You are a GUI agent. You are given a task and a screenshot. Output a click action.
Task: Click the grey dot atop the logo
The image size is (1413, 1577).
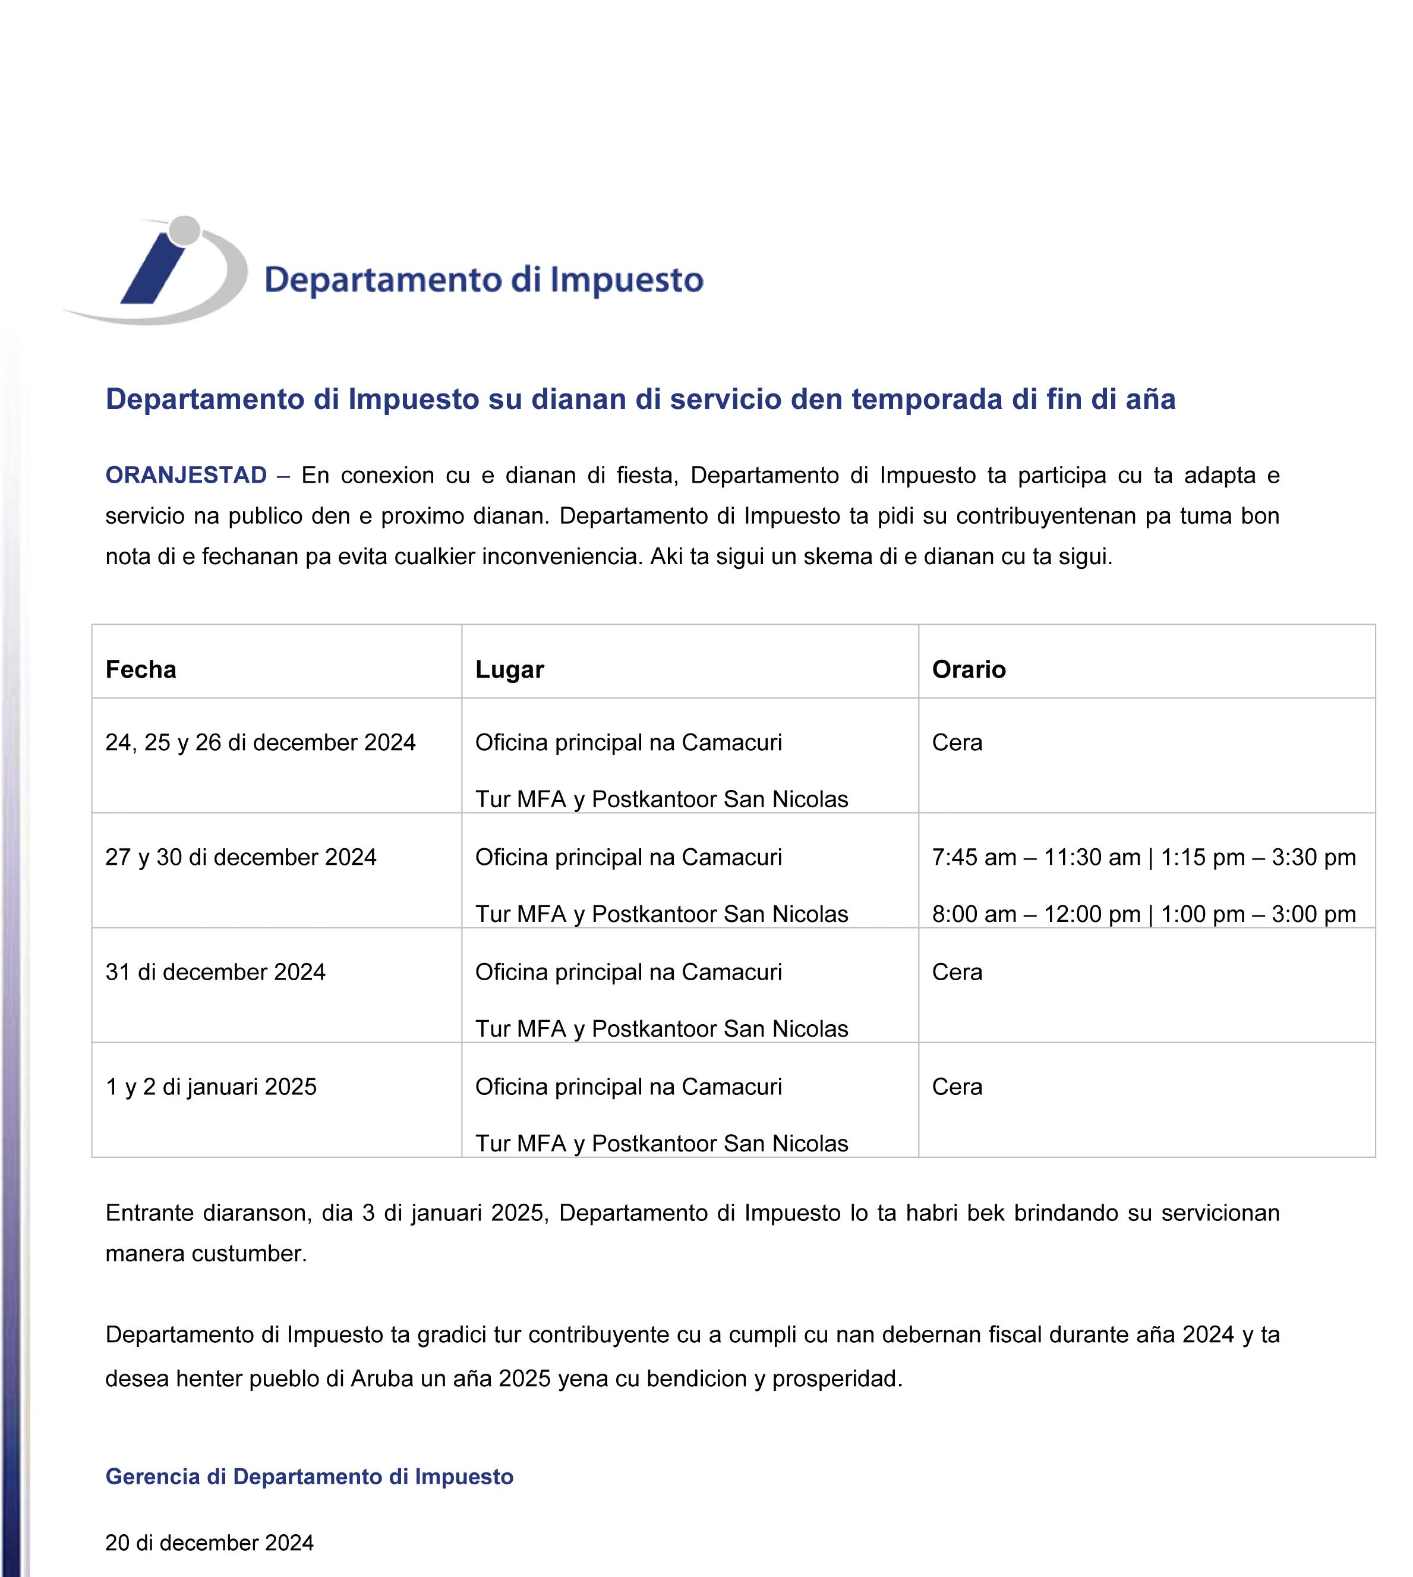184,230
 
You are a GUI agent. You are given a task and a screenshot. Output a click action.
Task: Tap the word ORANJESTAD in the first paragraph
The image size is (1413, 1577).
187,475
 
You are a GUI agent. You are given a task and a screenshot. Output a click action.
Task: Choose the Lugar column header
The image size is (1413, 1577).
509,669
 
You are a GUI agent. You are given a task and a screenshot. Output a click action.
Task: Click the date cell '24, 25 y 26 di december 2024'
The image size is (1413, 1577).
260,743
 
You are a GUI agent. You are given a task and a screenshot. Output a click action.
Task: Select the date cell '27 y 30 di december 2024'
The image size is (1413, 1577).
241,857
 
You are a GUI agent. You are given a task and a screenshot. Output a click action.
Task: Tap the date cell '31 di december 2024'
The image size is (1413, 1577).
215,972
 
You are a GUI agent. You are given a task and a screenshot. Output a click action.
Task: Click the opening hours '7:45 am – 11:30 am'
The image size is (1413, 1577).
1036,857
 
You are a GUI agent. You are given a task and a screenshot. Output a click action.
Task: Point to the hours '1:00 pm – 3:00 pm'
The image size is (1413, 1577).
1258,914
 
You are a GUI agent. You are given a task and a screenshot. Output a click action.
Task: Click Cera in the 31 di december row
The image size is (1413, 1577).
957,972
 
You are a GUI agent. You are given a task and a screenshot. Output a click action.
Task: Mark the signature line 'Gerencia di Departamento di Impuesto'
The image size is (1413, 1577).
309,1476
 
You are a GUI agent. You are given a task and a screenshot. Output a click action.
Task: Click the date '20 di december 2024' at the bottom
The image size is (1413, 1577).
210,1543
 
